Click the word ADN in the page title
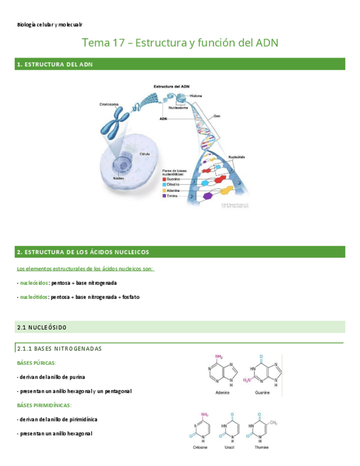click(x=267, y=43)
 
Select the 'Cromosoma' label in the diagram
click(x=109, y=104)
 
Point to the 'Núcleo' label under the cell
click(x=118, y=179)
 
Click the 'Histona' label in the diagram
click(x=196, y=96)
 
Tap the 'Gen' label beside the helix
click(x=217, y=116)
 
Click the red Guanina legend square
click(x=164, y=179)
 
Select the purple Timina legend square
click(x=164, y=196)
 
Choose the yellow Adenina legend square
click(x=164, y=190)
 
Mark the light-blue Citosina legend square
click(x=164, y=185)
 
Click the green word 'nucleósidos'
click(x=34, y=283)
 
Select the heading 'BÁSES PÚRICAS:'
click(x=37, y=363)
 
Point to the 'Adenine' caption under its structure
click(x=223, y=393)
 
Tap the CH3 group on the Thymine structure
click(x=274, y=423)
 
